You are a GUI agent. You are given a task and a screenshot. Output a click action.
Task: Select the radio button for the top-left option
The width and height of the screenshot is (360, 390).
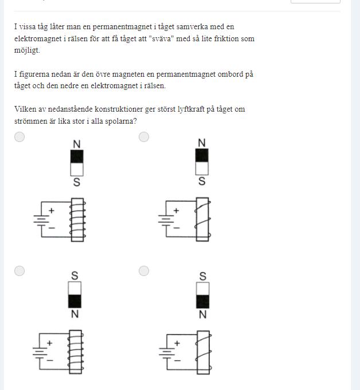[x=19, y=137]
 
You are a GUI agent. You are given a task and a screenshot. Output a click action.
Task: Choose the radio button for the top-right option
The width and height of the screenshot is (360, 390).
[x=144, y=137]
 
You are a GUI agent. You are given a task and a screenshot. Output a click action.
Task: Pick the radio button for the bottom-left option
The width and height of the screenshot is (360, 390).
[x=19, y=271]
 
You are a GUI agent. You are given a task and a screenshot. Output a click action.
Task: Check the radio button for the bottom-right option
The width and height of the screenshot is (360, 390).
[x=144, y=271]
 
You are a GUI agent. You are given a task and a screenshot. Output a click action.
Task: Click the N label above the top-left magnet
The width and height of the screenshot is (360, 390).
[x=77, y=144]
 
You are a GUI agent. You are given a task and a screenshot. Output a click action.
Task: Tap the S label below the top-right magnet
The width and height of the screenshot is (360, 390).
[x=202, y=181]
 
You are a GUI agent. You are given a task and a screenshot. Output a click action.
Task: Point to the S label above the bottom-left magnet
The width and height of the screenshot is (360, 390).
[x=75, y=276]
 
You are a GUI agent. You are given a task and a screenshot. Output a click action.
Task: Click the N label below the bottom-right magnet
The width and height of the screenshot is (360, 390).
[x=203, y=314]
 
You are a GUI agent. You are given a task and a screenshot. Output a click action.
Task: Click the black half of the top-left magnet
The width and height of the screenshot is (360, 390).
[x=77, y=156]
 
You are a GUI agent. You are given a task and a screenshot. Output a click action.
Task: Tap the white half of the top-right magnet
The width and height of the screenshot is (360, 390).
[x=202, y=168]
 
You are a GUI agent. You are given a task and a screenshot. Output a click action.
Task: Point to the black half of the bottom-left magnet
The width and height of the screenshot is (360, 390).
[x=75, y=301]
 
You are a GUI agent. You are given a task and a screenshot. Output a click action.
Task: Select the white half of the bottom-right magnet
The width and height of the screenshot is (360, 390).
[x=203, y=289]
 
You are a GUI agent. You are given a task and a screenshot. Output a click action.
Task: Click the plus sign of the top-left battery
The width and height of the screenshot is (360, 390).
[x=52, y=211]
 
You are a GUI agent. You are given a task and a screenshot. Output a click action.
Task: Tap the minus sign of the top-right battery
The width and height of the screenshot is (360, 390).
[x=177, y=227]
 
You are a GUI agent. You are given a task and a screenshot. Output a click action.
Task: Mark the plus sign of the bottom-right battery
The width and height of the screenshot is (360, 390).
[x=177, y=343]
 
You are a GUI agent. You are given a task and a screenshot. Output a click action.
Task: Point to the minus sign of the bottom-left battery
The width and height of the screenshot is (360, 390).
[x=50, y=360]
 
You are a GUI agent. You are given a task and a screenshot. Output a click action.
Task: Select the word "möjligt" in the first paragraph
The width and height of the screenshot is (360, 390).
[x=27, y=50]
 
